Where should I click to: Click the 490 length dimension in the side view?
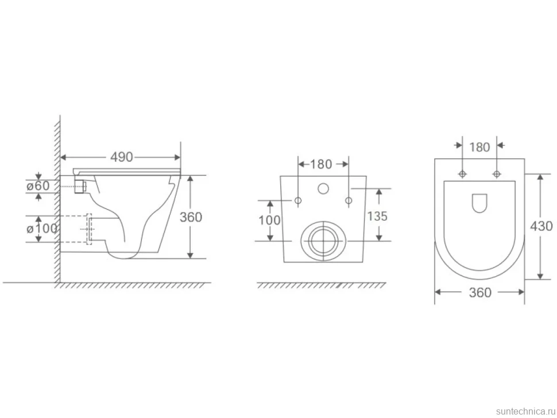click(x=122, y=157)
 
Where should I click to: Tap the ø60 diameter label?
click(x=38, y=185)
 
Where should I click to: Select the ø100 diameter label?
click(x=41, y=229)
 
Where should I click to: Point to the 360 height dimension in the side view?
click(x=191, y=217)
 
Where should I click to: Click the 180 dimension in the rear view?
click(x=321, y=164)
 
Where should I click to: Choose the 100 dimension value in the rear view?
click(x=270, y=220)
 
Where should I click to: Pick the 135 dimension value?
click(x=377, y=216)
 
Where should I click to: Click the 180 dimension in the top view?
click(x=479, y=147)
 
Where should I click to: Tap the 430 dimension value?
click(x=541, y=226)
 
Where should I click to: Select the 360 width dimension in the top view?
click(x=480, y=292)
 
